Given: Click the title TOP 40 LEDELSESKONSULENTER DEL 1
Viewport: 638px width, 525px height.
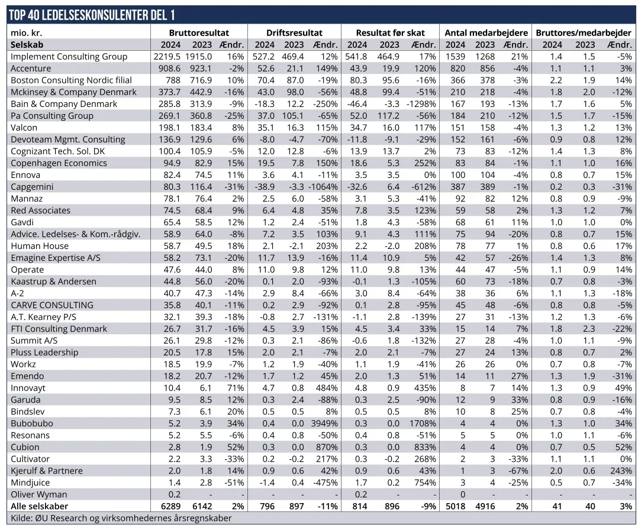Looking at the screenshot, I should coord(92,15).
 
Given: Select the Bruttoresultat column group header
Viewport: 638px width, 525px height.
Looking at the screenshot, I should coord(198,33).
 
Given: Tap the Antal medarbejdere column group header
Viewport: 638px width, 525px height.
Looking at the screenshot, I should coord(486,33).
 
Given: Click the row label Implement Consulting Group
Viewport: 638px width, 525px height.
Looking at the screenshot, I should coord(69,57).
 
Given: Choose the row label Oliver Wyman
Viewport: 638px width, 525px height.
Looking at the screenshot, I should coord(39,494).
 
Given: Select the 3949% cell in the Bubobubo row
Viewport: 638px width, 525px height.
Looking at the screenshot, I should coord(325,423).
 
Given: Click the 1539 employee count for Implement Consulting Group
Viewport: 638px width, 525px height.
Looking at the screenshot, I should coord(455,57).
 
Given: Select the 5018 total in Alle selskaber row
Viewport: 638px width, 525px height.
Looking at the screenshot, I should coord(455,506).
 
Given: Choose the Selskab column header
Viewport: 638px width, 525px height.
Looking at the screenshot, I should coord(27,45).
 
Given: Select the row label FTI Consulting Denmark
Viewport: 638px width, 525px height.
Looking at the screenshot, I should coord(59,329).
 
